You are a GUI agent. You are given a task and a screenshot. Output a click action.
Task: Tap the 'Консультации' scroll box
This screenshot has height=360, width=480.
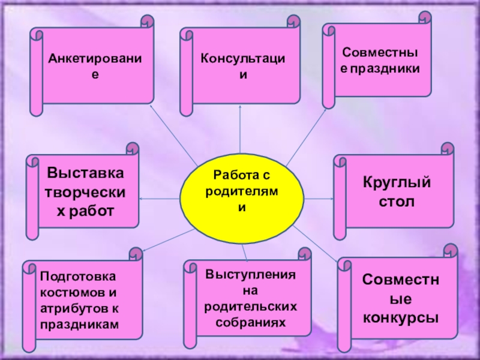[x=242, y=65]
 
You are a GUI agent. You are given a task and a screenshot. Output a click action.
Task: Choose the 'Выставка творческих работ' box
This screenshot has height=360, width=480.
[x=85, y=192]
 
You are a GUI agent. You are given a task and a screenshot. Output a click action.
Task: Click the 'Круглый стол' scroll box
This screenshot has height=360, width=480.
[x=396, y=191]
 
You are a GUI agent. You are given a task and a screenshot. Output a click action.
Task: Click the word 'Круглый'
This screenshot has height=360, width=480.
[x=396, y=182]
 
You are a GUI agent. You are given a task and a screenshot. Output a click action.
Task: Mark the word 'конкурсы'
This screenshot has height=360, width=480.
[x=400, y=317]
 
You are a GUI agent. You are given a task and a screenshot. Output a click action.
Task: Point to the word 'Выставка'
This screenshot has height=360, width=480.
[x=85, y=173]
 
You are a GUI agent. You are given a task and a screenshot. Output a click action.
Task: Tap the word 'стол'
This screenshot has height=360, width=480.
[x=396, y=202]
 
